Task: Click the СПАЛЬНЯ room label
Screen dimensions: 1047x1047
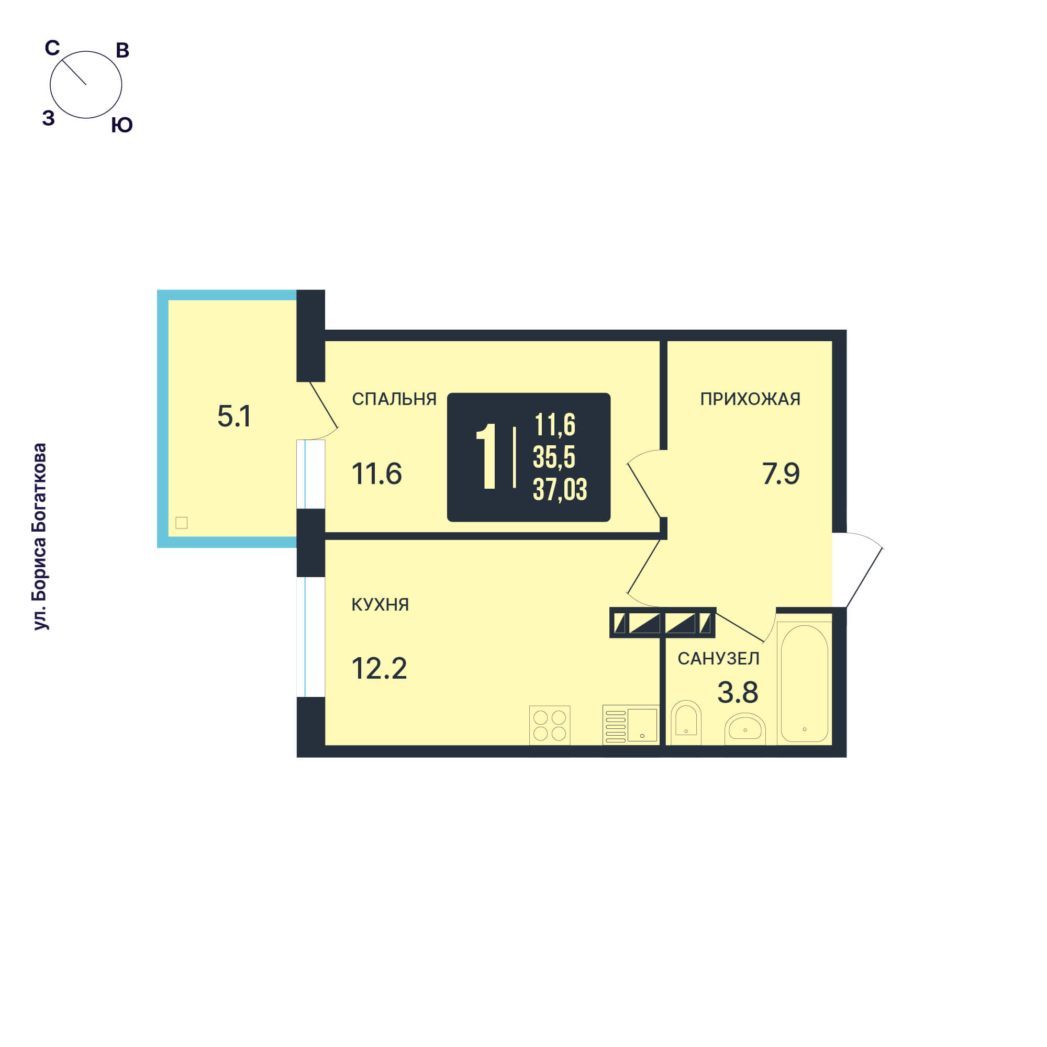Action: point(394,399)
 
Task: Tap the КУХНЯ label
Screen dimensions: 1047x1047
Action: point(380,604)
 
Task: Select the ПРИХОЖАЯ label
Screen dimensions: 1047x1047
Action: point(750,399)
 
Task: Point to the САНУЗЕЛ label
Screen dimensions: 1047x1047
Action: point(718,658)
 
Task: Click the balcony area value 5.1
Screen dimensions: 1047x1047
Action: point(234,416)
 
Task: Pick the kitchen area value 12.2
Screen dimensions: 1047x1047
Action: point(379,668)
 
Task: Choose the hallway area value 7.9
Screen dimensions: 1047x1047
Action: point(781,474)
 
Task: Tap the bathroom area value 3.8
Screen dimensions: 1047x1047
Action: point(738,692)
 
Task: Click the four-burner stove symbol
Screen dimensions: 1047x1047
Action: point(550,726)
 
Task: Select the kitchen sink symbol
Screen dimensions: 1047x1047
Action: point(631,725)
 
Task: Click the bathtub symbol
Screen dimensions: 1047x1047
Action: point(804,683)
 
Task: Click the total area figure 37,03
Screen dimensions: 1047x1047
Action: point(560,489)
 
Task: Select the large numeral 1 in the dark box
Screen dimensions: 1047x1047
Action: point(487,456)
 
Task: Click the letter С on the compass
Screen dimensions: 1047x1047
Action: point(52,48)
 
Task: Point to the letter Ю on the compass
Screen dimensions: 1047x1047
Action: point(122,125)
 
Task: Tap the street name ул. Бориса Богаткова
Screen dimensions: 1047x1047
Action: point(40,536)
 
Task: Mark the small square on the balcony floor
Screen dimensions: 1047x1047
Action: point(182,523)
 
